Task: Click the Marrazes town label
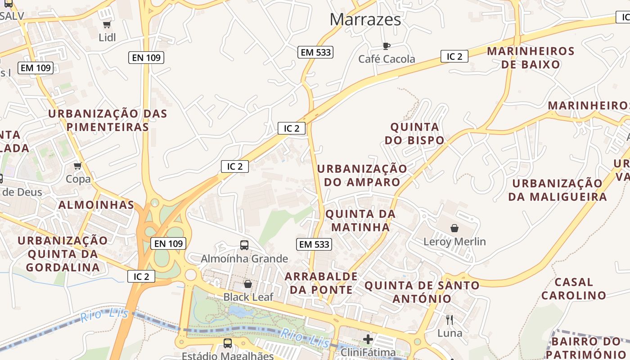coord(365,19)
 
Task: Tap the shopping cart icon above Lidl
coord(107,24)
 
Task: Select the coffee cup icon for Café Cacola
coord(386,46)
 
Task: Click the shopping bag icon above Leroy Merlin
coord(454,228)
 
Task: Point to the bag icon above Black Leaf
coord(247,284)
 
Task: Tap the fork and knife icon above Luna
coord(450,320)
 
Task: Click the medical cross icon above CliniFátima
coord(368,339)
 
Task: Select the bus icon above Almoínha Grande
coord(244,245)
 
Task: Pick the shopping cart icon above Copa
coord(78,166)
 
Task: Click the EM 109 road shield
coord(36,68)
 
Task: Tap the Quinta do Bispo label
coord(414,134)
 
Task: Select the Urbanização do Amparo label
coord(362,175)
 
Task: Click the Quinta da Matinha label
coord(360,220)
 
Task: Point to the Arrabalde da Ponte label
coord(321,283)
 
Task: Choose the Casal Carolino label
coord(573,288)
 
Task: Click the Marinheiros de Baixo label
coord(531,58)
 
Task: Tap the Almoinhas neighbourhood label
coord(96,205)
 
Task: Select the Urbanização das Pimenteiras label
coord(108,120)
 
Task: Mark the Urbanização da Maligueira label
coord(558,190)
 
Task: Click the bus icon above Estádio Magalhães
coord(228,343)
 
